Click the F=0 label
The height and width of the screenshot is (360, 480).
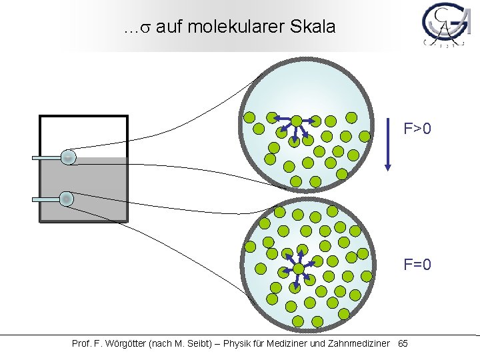pyautogui.click(x=417, y=265)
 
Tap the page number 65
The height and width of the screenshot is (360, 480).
pyautogui.click(x=403, y=344)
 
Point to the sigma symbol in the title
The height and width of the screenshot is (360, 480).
pyautogui.click(x=144, y=29)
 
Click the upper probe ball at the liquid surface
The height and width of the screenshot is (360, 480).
pyautogui.click(x=68, y=157)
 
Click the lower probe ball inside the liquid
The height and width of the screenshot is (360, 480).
pyautogui.click(x=67, y=199)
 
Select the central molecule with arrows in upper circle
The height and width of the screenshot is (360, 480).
pyautogui.click(x=295, y=122)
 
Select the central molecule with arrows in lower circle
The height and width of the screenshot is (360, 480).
pyautogui.click(x=299, y=269)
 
